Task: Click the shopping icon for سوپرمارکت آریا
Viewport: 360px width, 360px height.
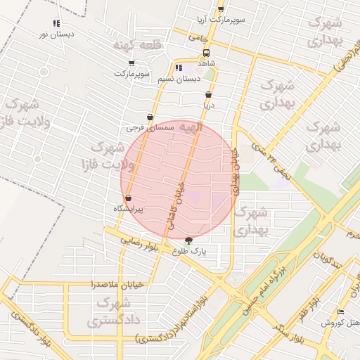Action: tap(220, 9)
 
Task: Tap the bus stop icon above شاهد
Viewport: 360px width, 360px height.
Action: tap(206, 53)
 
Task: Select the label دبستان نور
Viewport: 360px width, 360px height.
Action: tap(58, 33)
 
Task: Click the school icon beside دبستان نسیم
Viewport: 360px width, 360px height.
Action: tap(179, 68)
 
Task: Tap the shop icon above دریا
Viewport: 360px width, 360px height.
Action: tap(208, 94)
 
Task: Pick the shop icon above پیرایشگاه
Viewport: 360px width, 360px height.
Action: tap(127, 198)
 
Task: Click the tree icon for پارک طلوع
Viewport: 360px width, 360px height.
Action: tap(187, 240)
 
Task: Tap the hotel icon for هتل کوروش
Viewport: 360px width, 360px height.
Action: tap(341, 312)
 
